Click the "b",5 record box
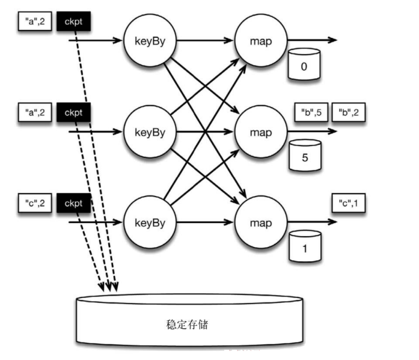point(311,112)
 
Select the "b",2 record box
point(349,112)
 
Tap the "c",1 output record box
point(349,203)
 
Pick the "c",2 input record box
point(35,203)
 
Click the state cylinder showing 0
point(304,64)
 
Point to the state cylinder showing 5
point(305,155)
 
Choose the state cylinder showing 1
point(305,246)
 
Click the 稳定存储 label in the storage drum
point(187,325)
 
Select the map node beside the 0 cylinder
point(261,41)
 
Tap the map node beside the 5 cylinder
point(261,132)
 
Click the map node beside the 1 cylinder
point(261,222)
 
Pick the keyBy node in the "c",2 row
point(150,222)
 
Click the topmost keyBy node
point(150,41)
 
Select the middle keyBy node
point(150,132)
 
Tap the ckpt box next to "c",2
point(73,203)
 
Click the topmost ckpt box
point(73,22)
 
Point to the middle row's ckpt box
point(73,112)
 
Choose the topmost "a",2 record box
point(35,22)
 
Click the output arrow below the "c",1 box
point(312,222)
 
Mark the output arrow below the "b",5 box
point(312,131)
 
